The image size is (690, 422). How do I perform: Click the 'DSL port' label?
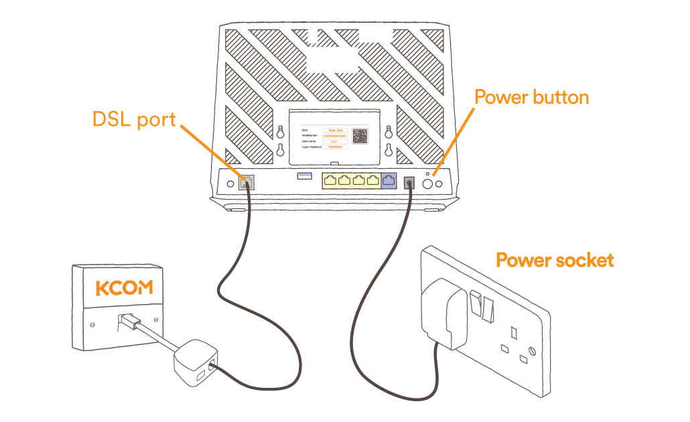click(133, 120)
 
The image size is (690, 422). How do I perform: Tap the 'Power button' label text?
click(531, 97)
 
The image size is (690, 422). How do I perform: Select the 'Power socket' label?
click(554, 260)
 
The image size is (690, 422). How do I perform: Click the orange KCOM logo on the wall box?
click(124, 288)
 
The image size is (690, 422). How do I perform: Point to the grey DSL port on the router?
click(247, 182)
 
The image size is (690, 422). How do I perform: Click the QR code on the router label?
click(360, 136)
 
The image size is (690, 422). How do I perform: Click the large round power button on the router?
click(426, 182)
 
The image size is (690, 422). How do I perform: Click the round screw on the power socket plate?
click(532, 351)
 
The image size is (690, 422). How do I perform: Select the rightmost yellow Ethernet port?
click(372, 181)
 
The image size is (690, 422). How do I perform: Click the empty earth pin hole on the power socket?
click(515, 332)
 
